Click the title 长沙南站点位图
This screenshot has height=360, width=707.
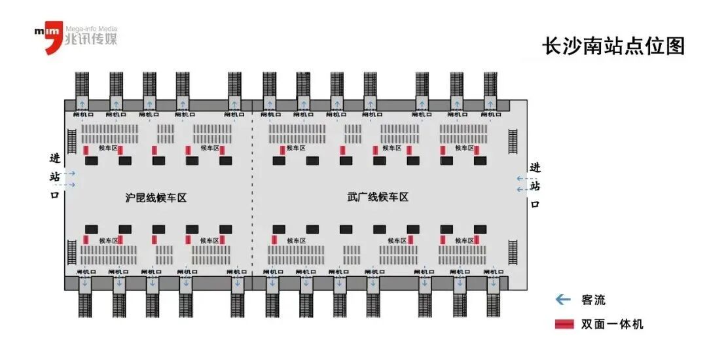click(x=613, y=46)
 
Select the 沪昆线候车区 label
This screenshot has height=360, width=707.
click(x=156, y=197)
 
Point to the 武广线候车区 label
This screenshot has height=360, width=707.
click(x=378, y=196)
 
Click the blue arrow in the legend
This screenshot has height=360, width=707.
click(x=562, y=300)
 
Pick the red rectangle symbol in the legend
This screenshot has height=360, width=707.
click(x=564, y=324)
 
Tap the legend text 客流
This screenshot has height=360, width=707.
click(x=593, y=300)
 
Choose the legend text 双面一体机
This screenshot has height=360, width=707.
click(x=612, y=324)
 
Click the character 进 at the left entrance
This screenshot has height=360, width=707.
click(x=55, y=158)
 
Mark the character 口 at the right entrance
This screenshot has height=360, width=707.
click(x=535, y=204)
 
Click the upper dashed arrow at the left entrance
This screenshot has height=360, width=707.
click(x=70, y=173)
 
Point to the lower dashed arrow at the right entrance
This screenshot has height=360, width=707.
click(x=522, y=190)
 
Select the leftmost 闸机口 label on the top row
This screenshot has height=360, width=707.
click(x=82, y=115)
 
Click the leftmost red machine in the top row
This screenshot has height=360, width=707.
click(x=86, y=151)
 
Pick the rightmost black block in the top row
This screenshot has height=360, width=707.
click(x=480, y=160)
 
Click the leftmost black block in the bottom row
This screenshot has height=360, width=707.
click(x=91, y=229)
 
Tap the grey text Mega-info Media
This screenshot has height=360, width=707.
click(x=91, y=29)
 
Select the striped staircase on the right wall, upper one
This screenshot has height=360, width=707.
click(x=513, y=145)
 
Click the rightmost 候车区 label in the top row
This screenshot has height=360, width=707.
click(x=465, y=148)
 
